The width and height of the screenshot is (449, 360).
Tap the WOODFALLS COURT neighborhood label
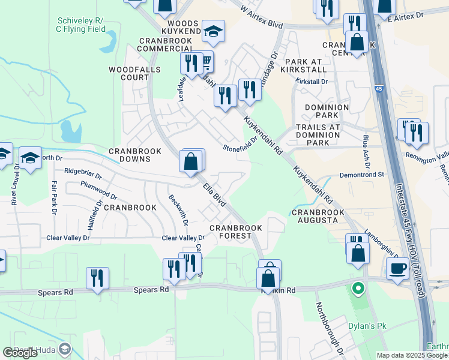point(128,73)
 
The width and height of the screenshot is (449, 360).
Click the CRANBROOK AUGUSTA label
point(315,216)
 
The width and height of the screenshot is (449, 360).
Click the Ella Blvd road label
point(215,196)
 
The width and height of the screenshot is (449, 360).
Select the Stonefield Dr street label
point(240,143)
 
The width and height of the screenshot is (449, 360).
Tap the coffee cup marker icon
point(397,269)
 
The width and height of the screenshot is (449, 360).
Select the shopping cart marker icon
point(205,61)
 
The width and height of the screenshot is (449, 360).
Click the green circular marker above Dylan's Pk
point(358,289)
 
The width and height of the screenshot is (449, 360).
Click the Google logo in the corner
point(20,352)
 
